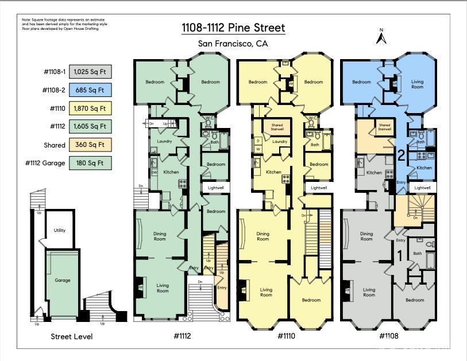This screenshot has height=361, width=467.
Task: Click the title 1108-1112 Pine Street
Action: point(233,28)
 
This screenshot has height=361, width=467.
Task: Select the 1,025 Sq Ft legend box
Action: point(90,72)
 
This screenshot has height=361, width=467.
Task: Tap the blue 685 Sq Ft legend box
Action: point(90,90)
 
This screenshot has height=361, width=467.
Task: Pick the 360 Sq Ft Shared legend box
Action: point(90,145)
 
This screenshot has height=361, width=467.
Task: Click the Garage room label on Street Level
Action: point(63,280)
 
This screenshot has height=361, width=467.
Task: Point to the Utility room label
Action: point(59,230)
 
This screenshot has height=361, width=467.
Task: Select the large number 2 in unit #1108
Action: point(402,154)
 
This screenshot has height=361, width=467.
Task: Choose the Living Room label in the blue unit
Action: point(417,84)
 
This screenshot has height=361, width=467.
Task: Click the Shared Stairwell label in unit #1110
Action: point(277,127)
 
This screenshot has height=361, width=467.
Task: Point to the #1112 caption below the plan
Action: point(182,336)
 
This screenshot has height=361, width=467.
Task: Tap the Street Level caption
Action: point(72,336)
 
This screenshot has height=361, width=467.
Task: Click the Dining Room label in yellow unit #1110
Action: point(263,236)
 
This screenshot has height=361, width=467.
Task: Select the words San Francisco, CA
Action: point(233,44)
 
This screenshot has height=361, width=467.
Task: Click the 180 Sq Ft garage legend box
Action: point(90,163)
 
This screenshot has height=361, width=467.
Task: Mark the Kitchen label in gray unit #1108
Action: point(375,172)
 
